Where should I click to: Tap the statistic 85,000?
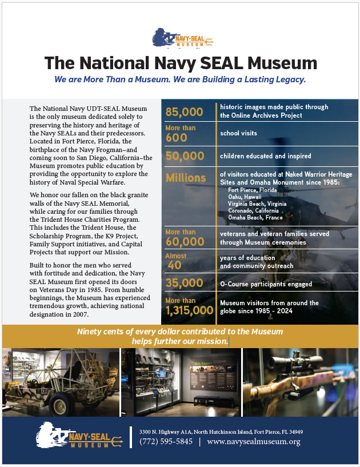click(x=185, y=111)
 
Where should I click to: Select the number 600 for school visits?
click(x=177, y=137)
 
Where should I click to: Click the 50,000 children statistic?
click(x=185, y=156)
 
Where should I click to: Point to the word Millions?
click(x=186, y=178)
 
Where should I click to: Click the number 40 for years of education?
click(x=175, y=266)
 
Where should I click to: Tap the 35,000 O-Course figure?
click(x=185, y=282)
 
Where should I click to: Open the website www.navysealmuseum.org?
click(x=253, y=441)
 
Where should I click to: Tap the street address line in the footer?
click(x=221, y=431)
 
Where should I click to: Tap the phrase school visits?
click(x=239, y=133)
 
